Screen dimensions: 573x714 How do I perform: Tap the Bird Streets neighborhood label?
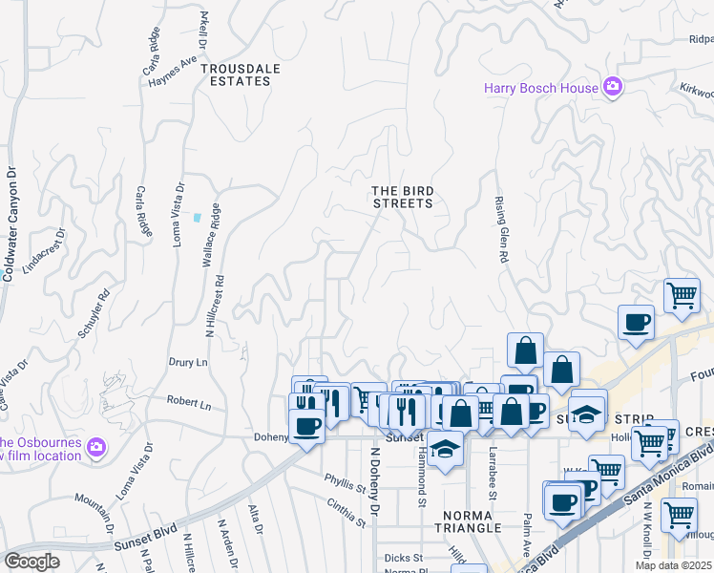tap(402, 197)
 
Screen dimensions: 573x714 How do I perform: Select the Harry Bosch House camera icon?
tap(613, 88)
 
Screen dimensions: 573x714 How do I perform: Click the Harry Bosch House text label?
tap(540, 89)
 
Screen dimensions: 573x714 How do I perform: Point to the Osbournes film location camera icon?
tap(95, 446)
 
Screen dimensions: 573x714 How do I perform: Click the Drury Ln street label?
tap(188, 363)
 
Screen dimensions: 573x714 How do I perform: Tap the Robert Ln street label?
tap(188, 404)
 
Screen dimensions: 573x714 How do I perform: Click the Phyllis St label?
tap(345, 482)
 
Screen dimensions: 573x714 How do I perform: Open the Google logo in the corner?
tap(31, 562)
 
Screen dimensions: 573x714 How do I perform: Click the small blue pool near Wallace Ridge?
tap(197, 217)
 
